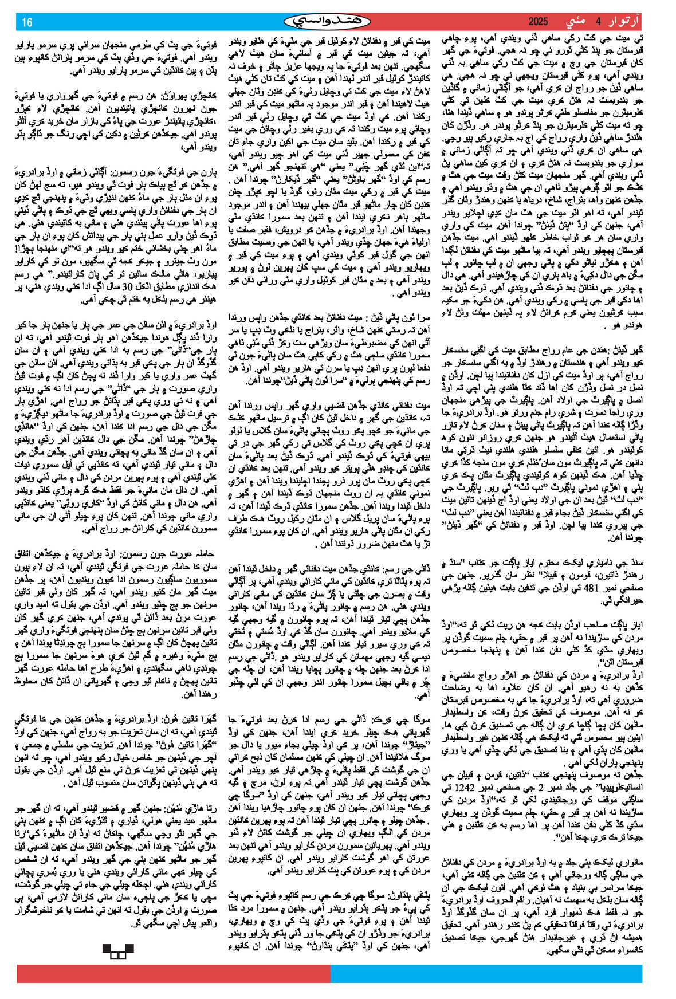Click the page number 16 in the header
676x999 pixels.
pos(27,22)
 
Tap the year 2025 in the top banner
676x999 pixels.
pos(537,22)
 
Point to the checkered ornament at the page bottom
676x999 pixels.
pos(118,951)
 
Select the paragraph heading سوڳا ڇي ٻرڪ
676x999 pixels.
pos(404,719)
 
